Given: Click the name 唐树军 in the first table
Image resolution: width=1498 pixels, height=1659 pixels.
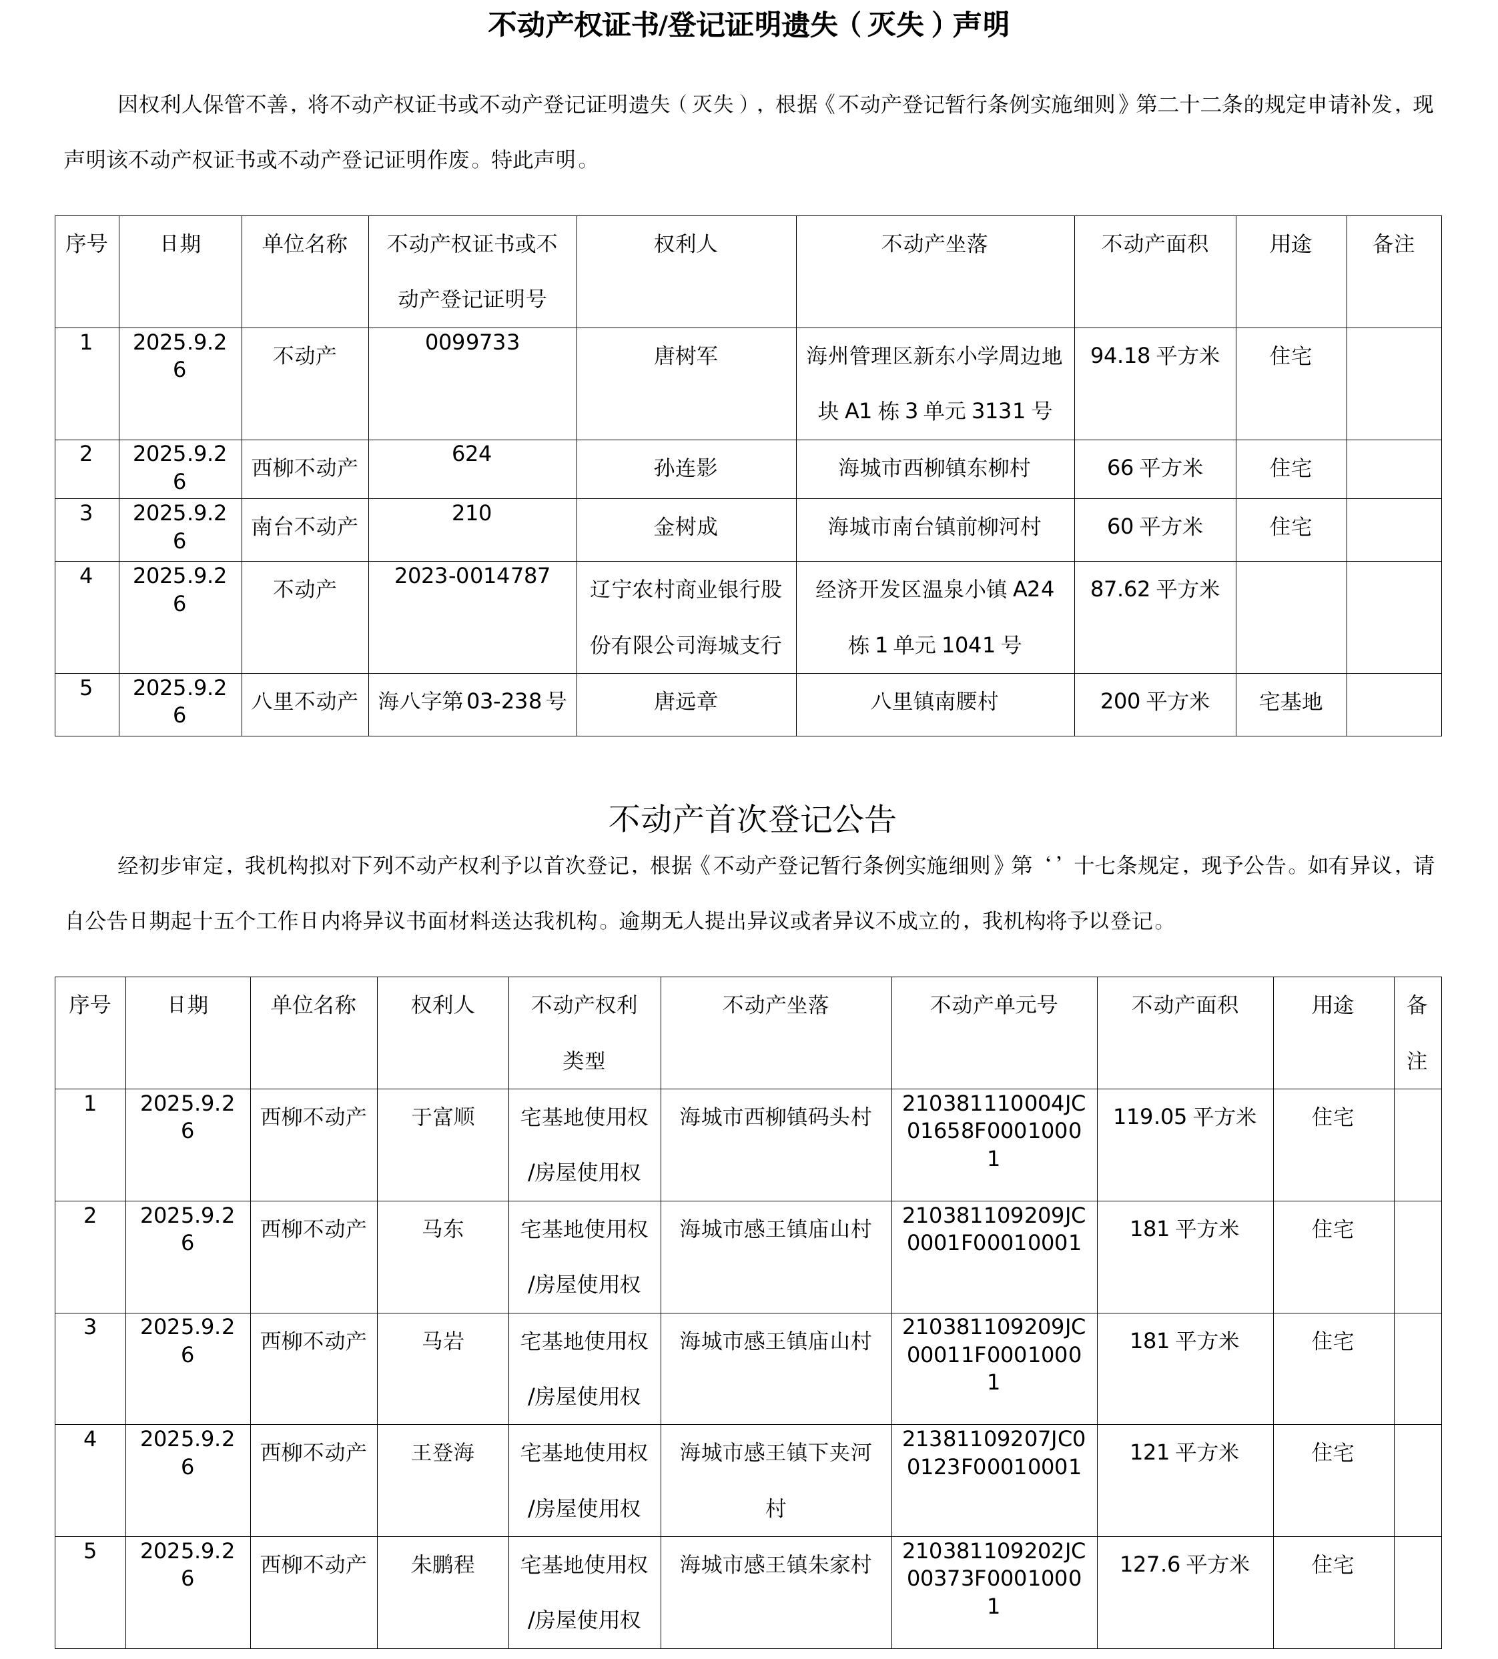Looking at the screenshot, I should pos(686,356).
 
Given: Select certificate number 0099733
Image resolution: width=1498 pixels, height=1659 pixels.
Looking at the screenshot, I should pos(472,342).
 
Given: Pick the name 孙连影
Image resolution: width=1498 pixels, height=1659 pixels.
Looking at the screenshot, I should pos(686,468).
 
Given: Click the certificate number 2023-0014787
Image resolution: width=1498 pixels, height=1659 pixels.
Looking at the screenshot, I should pos(472,576).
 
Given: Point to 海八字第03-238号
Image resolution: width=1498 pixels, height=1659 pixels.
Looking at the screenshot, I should pos(472,701).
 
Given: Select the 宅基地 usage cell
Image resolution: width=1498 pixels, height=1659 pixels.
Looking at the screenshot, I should pos(1290,701).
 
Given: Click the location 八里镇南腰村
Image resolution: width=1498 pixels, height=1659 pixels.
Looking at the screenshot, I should pos(934,701).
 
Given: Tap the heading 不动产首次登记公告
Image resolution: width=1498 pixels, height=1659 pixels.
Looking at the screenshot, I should pos(751,818).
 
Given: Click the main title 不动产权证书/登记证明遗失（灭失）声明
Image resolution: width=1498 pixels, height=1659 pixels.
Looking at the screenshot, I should pos(748,25).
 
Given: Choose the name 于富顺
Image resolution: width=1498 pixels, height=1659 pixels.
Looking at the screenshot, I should pos(443,1117).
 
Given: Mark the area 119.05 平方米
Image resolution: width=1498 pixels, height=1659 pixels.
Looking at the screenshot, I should pos(1184,1117).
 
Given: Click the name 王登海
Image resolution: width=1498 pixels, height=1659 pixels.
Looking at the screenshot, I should pos(443,1452).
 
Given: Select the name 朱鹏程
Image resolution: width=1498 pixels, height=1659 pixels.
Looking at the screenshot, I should pos(443,1564).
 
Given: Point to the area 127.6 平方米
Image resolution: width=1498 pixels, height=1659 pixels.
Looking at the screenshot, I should pos(1184,1564).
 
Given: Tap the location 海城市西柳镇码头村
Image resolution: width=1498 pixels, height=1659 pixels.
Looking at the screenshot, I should pos(775,1117).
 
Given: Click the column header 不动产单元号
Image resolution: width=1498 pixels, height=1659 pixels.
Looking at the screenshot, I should pos(994,1005).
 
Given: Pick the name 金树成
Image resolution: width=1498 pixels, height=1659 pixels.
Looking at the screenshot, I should pos(686,527).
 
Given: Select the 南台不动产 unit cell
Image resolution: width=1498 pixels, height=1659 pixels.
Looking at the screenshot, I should pos(304,527).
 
